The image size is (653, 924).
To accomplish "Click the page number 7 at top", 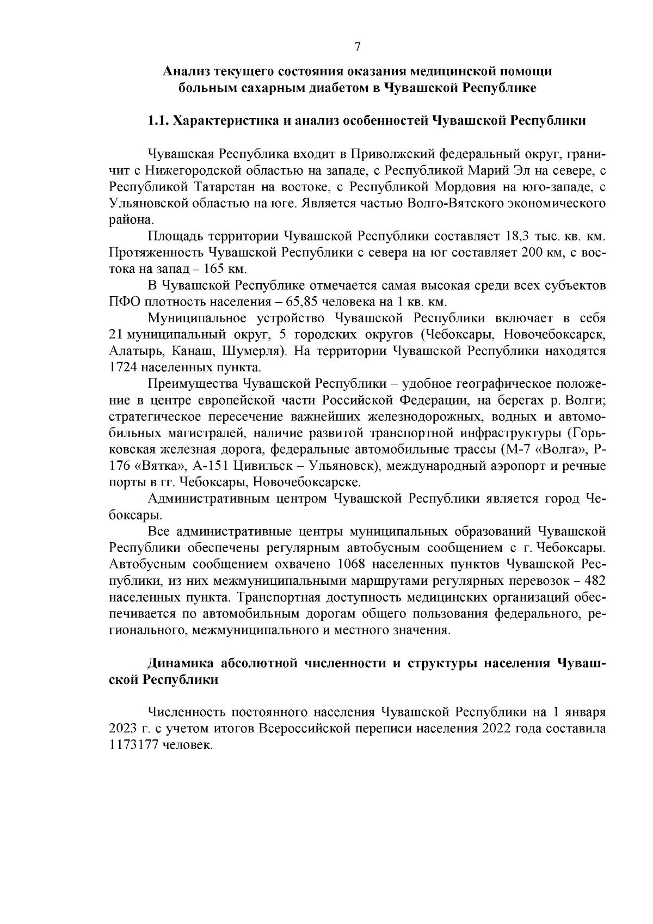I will pyautogui.click(x=358, y=47).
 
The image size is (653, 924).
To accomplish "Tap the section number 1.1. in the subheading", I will pyautogui.click(x=158, y=120).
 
